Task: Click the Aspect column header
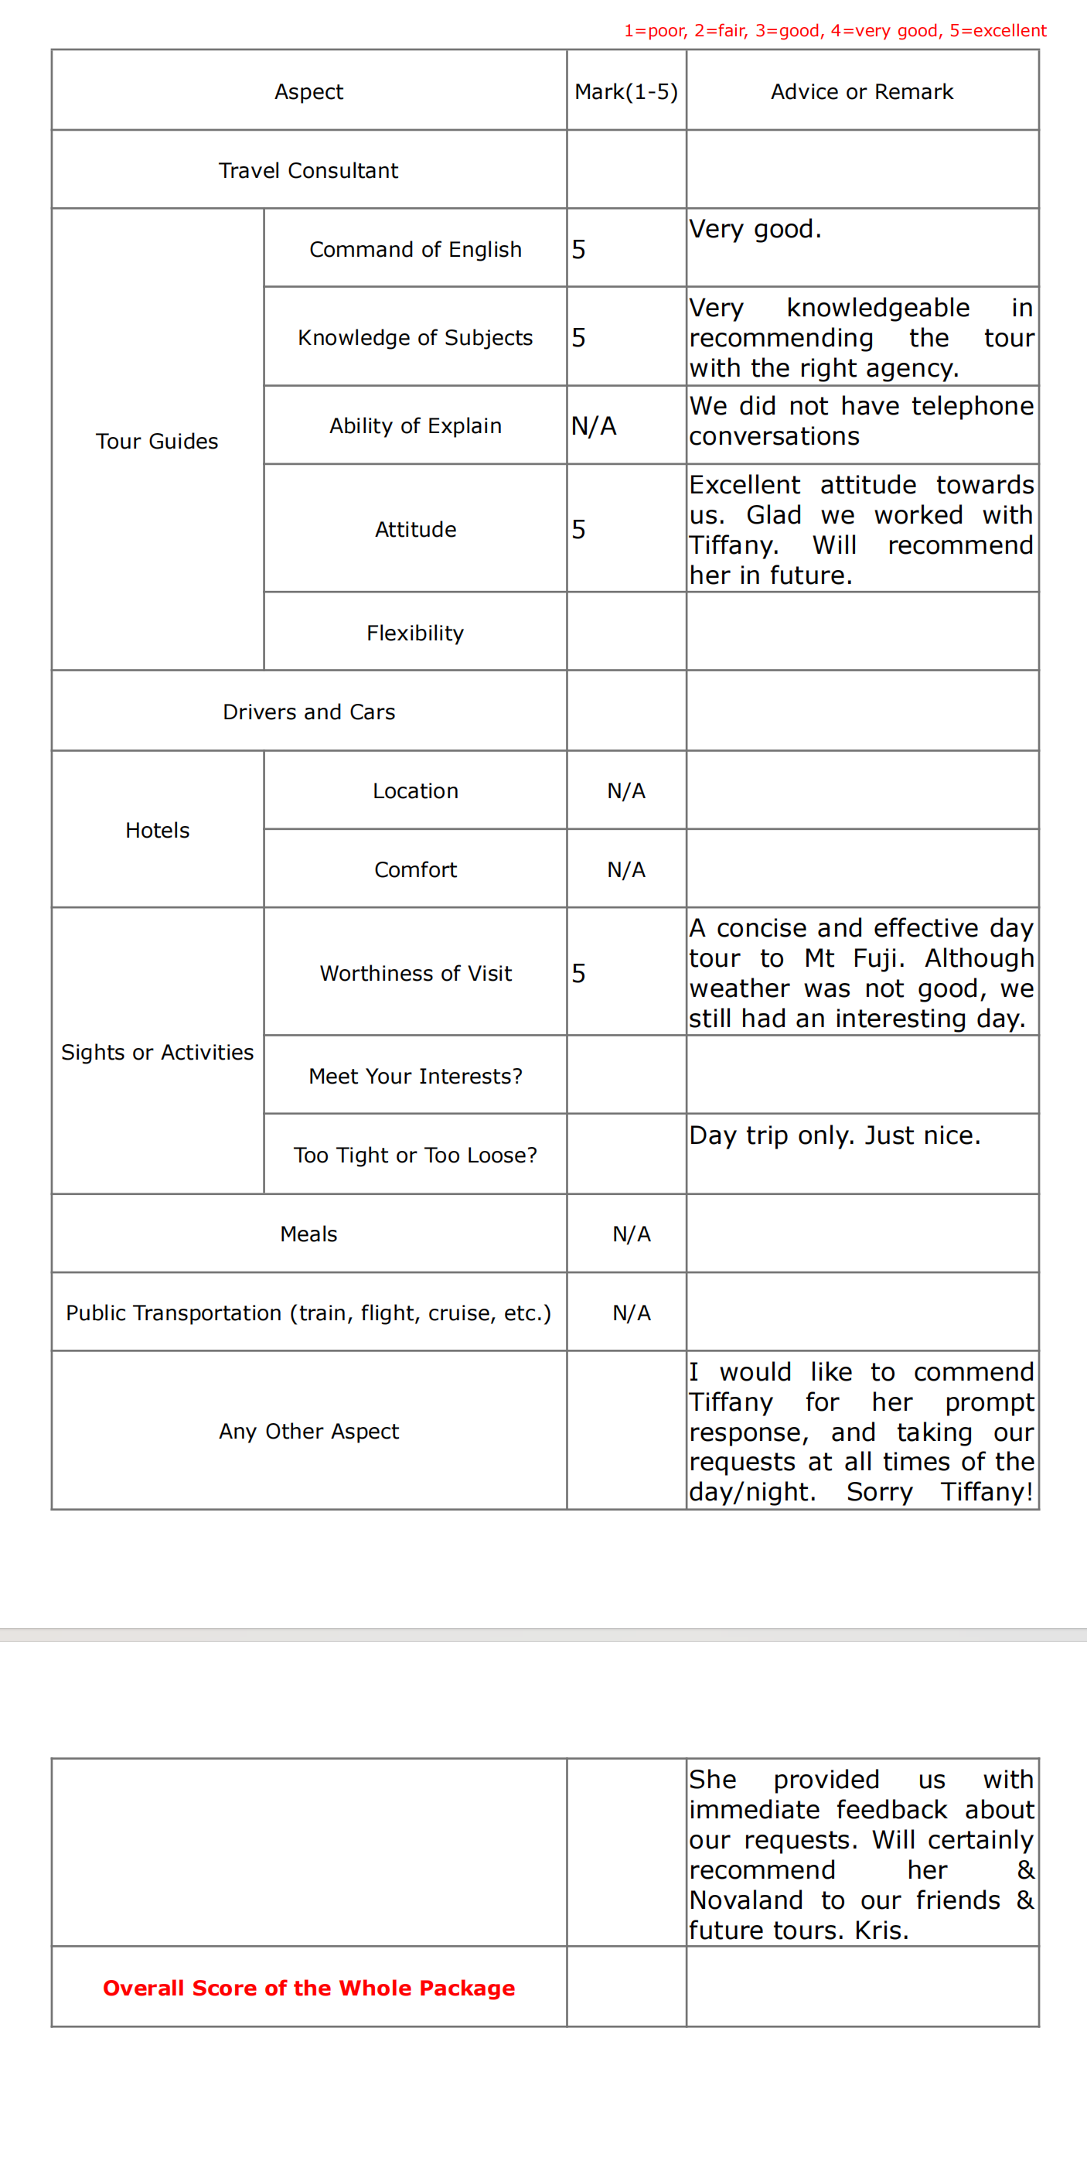tap(308, 91)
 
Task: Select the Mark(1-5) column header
tap(625, 91)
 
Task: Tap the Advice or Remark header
tap(861, 91)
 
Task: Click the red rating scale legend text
tap(834, 31)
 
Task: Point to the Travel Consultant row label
tap(308, 170)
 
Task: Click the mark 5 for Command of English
tap(579, 249)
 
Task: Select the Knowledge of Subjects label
tap(415, 337)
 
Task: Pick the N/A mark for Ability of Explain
tap(594, 426)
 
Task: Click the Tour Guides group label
tap(157, 442)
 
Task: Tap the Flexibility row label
tap(415, 633)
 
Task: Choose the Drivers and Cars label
tap(308, 712)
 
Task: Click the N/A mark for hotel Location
tap(625, 791)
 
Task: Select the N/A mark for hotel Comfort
tap(625, 870)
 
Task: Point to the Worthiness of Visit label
tap(415, 973)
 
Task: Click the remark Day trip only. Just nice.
tap(834, 1135)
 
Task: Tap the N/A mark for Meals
tap(631, 1234)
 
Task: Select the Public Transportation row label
tap(308, 1313)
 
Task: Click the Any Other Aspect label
tap(308, 1431)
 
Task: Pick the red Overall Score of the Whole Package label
tap(308, 1989)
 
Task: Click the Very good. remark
tap(755, 229)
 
